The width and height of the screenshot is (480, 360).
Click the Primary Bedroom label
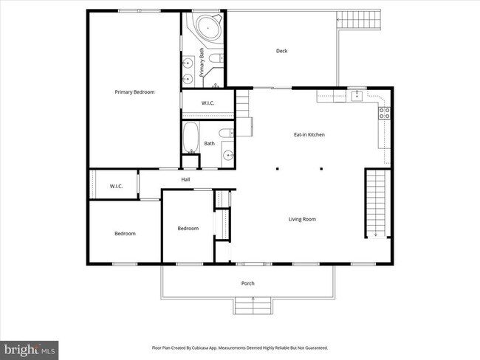click(134, 91)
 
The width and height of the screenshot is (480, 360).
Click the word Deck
click(281, 51)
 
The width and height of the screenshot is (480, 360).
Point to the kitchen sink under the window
click(356, 94)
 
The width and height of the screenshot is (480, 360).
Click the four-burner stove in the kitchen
click(384, 113)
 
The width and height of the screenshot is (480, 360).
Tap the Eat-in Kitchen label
click(309, 134)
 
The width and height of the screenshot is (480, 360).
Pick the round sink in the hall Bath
click(228, 156)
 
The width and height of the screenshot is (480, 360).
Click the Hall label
click(186, 179)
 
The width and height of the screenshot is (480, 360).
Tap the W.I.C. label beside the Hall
click(116, 186)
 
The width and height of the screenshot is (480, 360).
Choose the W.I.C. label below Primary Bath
click(208, 103)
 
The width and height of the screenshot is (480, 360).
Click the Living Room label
click(302, 218)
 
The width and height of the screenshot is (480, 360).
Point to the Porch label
click(248, 283)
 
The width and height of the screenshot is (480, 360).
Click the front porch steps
click(253, 305)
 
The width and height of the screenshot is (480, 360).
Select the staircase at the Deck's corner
click(359, 20)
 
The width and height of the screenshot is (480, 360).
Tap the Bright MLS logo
click(30, 347)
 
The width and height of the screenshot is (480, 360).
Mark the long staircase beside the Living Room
click(376, 203)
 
